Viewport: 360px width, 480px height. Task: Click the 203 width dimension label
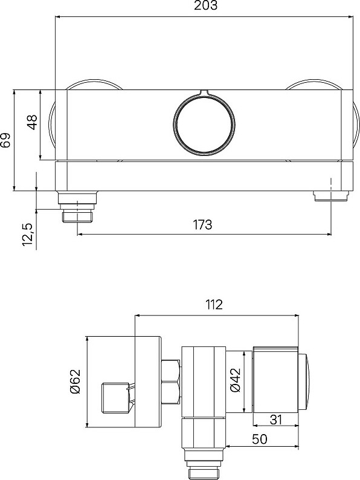click(205, 5)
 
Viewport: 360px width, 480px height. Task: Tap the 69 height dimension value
click(5, 140)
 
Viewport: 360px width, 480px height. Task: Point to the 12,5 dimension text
click(27, 234)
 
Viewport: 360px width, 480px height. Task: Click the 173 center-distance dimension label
click(202, 224)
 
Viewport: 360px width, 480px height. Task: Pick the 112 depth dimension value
click(214, 304)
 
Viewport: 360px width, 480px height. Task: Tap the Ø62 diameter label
click(75, 381)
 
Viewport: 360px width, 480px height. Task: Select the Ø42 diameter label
click(236, 380)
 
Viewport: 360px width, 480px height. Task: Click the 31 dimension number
click(275, 420)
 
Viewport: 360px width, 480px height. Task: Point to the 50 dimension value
click(259, 439)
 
